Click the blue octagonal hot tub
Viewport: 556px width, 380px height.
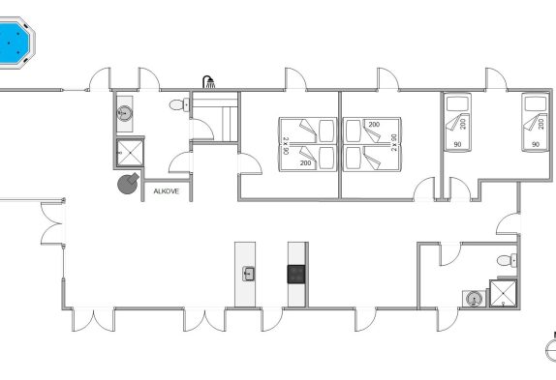(x=15, y=43)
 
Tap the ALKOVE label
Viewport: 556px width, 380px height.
(x=166, y=191)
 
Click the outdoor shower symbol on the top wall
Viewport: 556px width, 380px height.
(x=209, y=82)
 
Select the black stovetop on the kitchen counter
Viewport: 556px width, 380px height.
(x=296, y=275)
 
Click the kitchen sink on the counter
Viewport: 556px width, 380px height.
(x=249, y=275)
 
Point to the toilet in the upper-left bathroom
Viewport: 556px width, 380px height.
(x=179, y=104)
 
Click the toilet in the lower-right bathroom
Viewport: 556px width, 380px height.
(x=507, y=261)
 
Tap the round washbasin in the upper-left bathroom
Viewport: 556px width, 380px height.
(x=124, y=113)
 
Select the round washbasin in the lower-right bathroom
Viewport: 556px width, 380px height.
(x=473, y=299)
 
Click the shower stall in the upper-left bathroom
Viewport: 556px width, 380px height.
(x=130, y=153)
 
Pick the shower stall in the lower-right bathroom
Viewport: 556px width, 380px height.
(x=504, y=293)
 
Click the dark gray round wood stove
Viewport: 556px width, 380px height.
(x=128, y=184)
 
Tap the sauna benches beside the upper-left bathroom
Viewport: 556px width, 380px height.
(x=214, y=117)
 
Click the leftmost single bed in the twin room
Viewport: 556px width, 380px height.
(x=458, y=123)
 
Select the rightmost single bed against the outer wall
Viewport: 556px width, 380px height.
(x=535, y=123)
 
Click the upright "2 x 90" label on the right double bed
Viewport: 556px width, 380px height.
(x=394, y=142)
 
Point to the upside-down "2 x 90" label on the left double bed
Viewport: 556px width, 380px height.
(x=286, y=145)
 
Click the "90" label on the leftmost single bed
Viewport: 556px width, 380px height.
(x=457, y=144)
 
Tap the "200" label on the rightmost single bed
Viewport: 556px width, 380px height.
(x=541, y=124)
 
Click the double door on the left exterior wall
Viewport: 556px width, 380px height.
(x=52, y=223)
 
